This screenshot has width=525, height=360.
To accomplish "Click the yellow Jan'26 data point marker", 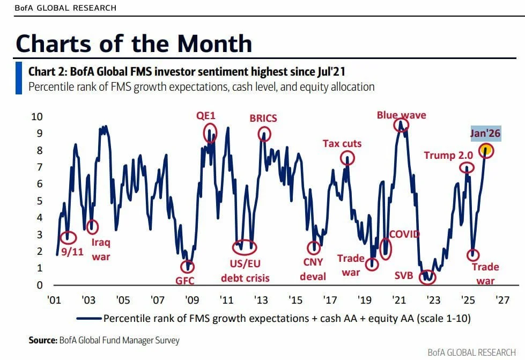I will (x=486, y=150).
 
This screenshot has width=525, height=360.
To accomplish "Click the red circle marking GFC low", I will (x=187, y=266).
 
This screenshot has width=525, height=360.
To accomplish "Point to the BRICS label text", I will (x=263, y=118).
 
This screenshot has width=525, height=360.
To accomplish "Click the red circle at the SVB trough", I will (x=427, y=276).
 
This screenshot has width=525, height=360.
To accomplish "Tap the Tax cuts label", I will (x=342, y=143).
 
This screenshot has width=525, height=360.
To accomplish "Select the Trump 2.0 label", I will (x=448, y=155).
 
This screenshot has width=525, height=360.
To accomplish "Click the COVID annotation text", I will (x=404, y=234).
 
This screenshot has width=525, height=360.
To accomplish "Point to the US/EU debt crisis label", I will (x=245, y=271).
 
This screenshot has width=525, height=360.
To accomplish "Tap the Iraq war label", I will (x=101, y=249).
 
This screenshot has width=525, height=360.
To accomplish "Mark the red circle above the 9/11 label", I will (x=68, y=237).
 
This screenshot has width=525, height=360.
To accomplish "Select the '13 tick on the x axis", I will (x=261, y=299).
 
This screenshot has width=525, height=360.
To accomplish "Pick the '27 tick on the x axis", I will (x=501, y=299).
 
